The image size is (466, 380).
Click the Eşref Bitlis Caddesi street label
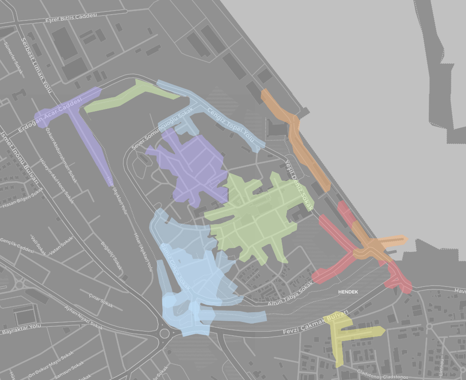(x=71, y=18)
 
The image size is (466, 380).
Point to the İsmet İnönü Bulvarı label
(x=19, y=157)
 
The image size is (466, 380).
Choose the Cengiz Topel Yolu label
(x=232, y=122)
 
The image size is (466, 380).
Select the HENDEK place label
(x=348, y=292)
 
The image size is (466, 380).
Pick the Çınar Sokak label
(x=101, y=300)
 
